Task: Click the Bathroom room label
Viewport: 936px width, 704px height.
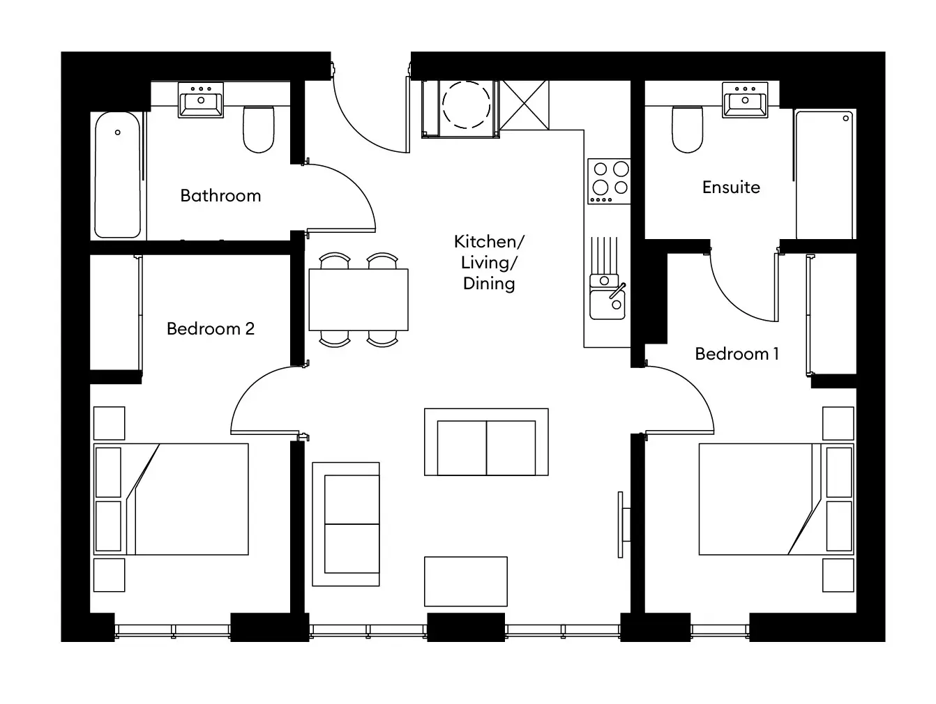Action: pos(220,196)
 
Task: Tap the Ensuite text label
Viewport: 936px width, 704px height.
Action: pos(731,188)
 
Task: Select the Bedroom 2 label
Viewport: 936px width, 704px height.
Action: pos(211,328)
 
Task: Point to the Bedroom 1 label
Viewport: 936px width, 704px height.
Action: pos(737,354)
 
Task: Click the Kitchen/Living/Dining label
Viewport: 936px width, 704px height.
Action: pos(488,262)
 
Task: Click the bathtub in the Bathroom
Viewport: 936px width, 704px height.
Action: pos(118,174)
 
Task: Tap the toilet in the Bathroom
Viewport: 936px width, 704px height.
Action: pos(259,130)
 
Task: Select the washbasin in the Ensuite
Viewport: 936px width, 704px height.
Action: pos(745,99)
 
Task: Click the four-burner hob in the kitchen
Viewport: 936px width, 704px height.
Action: pos(609,181)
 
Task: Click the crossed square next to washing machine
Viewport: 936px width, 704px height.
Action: pos(524,105)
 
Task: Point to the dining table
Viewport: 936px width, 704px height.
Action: pos(358,300)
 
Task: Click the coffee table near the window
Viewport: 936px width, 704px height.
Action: pos(465,581)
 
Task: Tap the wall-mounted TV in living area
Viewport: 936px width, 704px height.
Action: pos(621,524)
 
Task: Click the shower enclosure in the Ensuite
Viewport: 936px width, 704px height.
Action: pos(824,174)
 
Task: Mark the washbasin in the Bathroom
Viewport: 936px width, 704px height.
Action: pos(201,99)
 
